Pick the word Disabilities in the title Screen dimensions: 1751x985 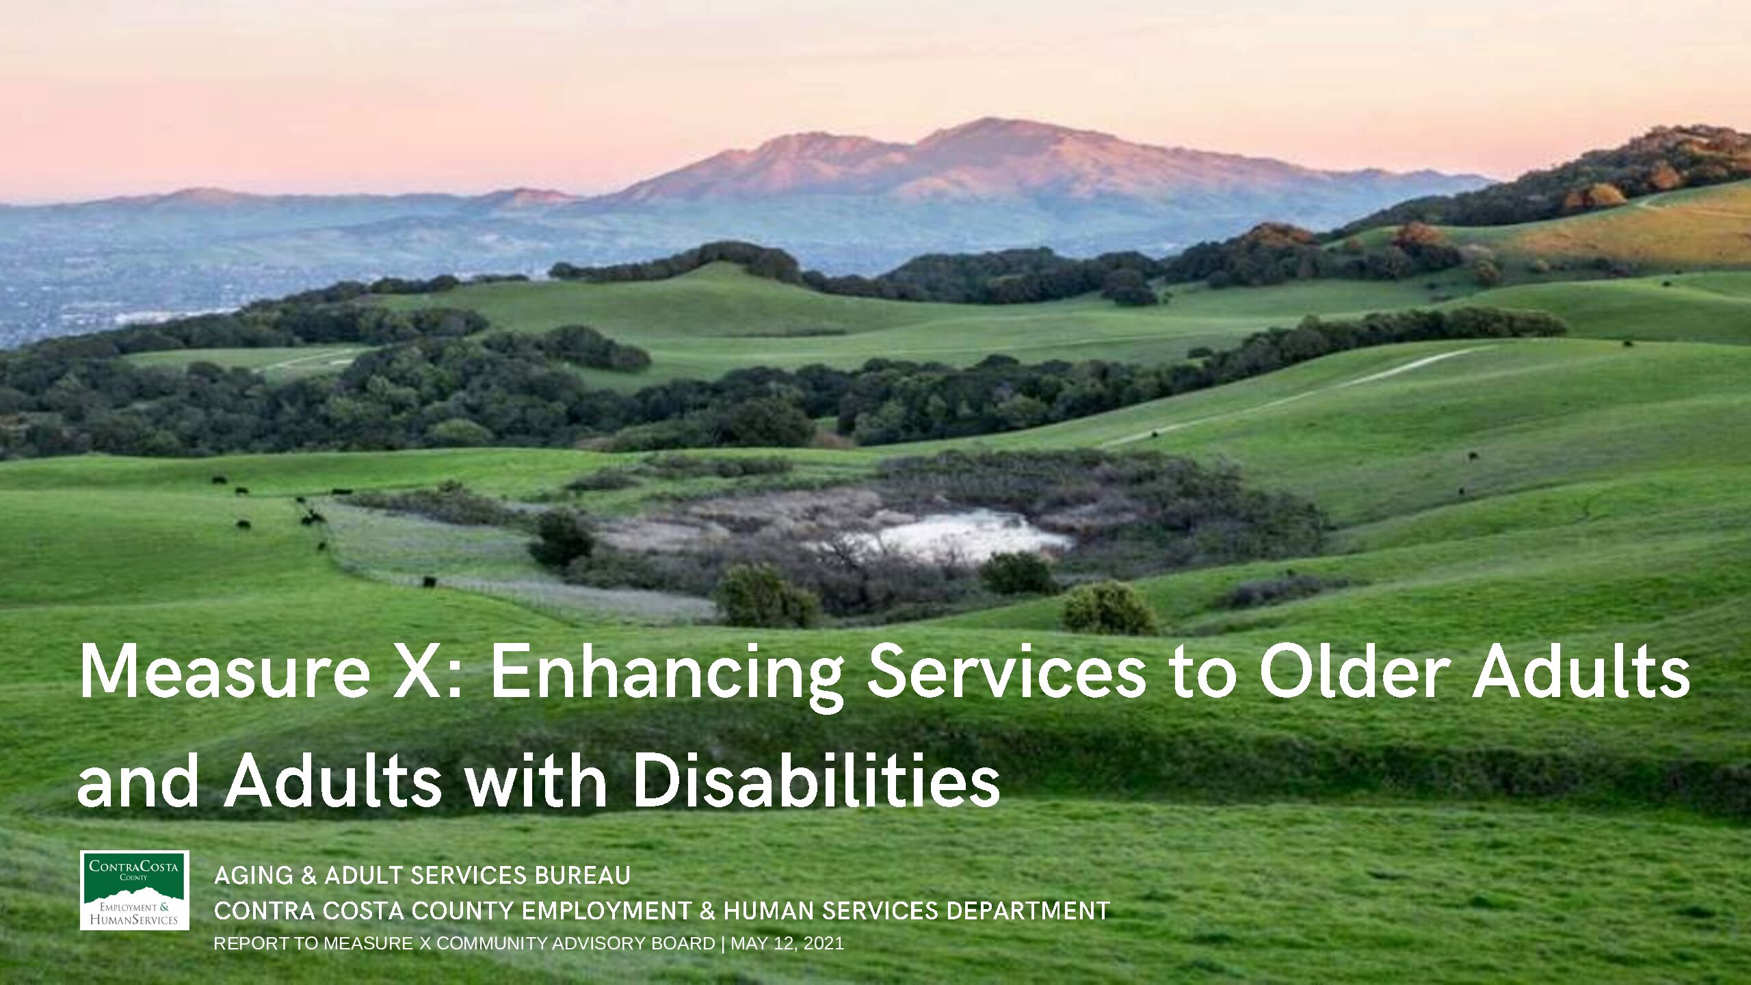[x=816, y=780]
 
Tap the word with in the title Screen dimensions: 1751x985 [x=536, y=780]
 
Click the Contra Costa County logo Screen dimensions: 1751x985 [x=134, y=890]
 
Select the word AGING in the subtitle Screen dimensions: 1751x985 [x=253, y=876]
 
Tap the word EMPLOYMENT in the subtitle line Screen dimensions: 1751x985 [x=607, y=911]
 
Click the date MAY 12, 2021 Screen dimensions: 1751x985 [x=787, y=944]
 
